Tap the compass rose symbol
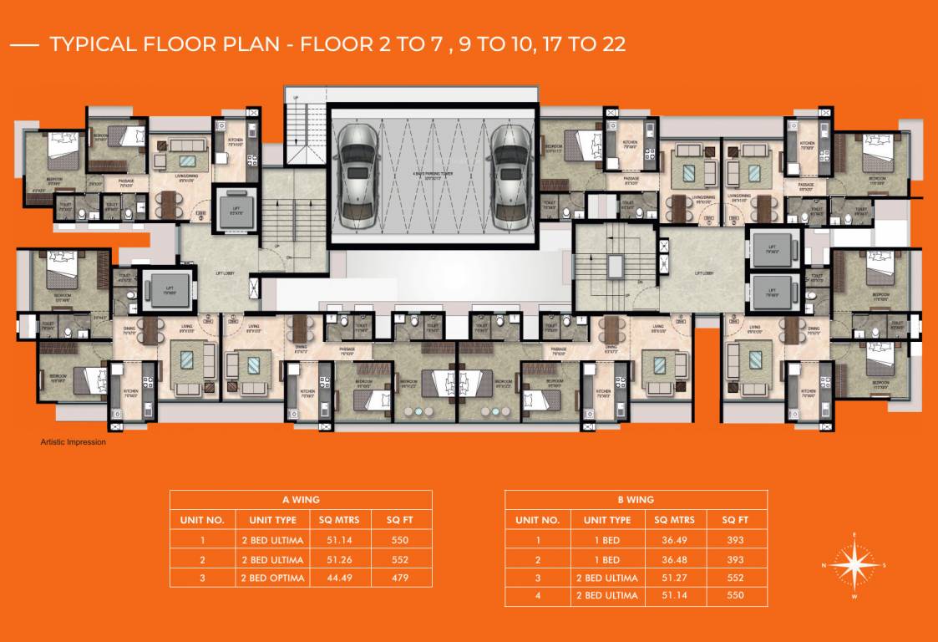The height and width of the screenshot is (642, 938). tap(854, 566)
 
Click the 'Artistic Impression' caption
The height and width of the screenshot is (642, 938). tap(73, 442)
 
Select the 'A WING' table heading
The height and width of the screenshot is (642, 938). tap(301, 500)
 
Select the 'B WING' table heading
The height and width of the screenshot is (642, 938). tap(636, 500)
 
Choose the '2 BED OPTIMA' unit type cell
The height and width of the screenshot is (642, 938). tap(272, 578)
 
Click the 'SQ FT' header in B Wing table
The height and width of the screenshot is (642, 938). tap(734, 520)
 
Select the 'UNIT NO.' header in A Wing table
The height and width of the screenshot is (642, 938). tap(202, 520)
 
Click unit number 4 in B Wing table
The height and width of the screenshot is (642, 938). tap(538, 596)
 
